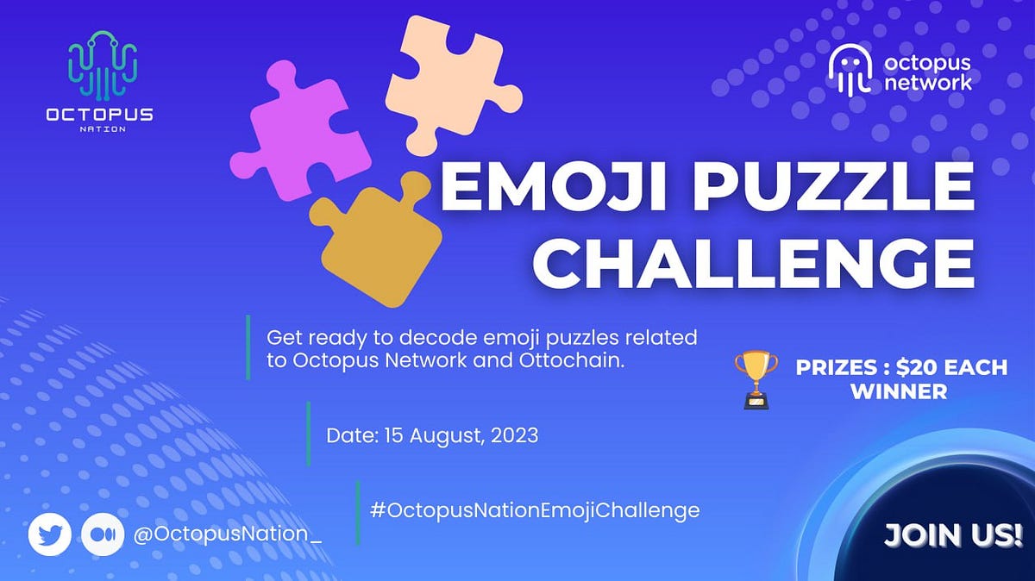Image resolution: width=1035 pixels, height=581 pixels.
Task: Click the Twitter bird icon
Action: click(x=49, y=534)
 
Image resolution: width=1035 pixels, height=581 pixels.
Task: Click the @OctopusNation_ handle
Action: click(x=228, y=534)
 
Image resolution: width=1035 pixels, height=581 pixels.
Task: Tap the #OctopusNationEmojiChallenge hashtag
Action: click(x=535, y=509)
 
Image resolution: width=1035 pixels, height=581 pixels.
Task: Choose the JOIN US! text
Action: click(x=953, y=534)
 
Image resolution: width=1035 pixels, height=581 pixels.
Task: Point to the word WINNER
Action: click(x=899, y=391)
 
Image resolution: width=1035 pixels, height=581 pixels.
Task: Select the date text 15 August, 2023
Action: click(x=457, y=435)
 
